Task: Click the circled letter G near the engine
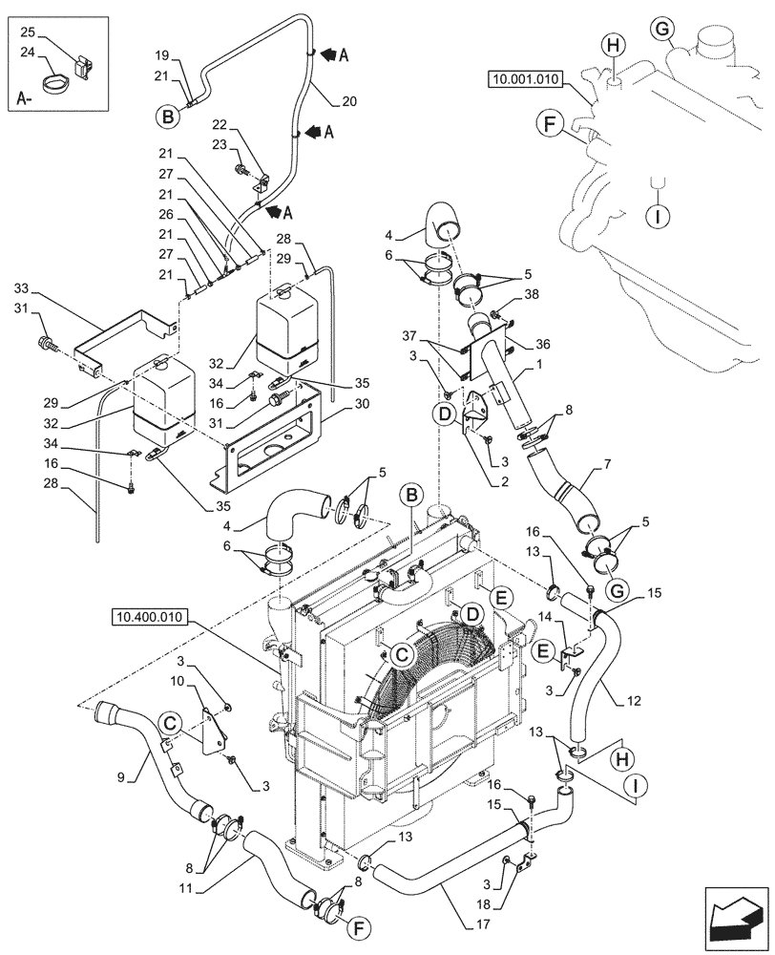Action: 663,30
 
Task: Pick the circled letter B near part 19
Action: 168,117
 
